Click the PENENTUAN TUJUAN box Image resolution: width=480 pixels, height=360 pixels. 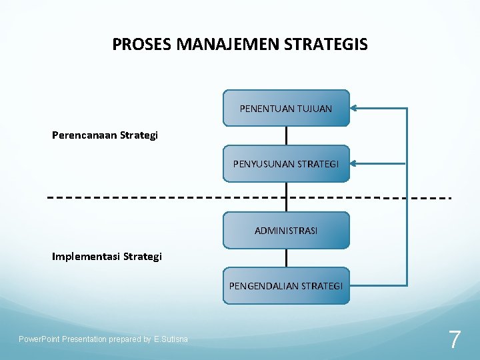(286, 108)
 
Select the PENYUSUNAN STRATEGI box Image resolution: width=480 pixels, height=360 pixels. (286, 163)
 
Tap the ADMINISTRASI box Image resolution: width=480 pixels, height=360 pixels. (286, 231)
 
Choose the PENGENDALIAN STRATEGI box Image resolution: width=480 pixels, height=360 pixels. (286, 286)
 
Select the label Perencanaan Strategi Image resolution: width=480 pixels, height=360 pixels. (105, 135)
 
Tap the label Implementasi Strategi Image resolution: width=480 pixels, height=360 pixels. (107, 256)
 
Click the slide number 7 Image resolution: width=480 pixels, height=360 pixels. (454, 340)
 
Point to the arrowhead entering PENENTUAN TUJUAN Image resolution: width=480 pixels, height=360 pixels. (355, 107)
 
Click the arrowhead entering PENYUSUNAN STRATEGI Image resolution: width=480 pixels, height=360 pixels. (355, 163)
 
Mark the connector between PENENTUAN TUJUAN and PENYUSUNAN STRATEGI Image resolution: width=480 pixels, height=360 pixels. (286, 136)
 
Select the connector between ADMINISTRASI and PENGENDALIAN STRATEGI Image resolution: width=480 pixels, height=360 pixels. (286, 258)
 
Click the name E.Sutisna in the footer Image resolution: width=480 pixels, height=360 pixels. (171, 339)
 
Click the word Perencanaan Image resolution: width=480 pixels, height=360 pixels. (85, 135)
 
